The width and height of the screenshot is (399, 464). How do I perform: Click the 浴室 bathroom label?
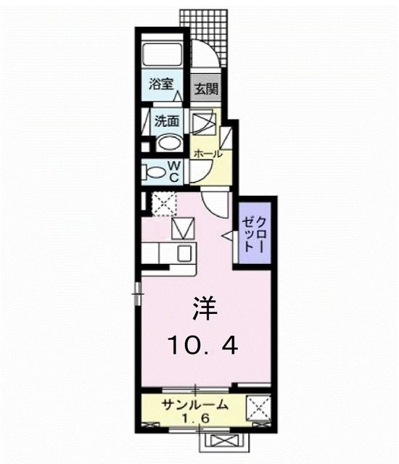point(161,83)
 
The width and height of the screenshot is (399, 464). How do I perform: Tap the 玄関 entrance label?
point(205,91)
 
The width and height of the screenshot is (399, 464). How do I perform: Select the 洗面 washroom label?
point(168,120)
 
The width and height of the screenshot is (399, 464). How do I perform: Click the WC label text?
point(175,172)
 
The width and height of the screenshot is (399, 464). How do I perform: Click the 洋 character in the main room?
point(205,307)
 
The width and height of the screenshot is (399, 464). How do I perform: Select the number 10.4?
point(202,347)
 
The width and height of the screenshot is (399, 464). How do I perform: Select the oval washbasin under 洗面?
point(169,141)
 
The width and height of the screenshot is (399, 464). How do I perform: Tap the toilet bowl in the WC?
point(155,173)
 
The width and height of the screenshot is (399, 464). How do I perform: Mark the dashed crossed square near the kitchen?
point(164,203)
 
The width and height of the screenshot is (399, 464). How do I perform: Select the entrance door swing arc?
point(202,55)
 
